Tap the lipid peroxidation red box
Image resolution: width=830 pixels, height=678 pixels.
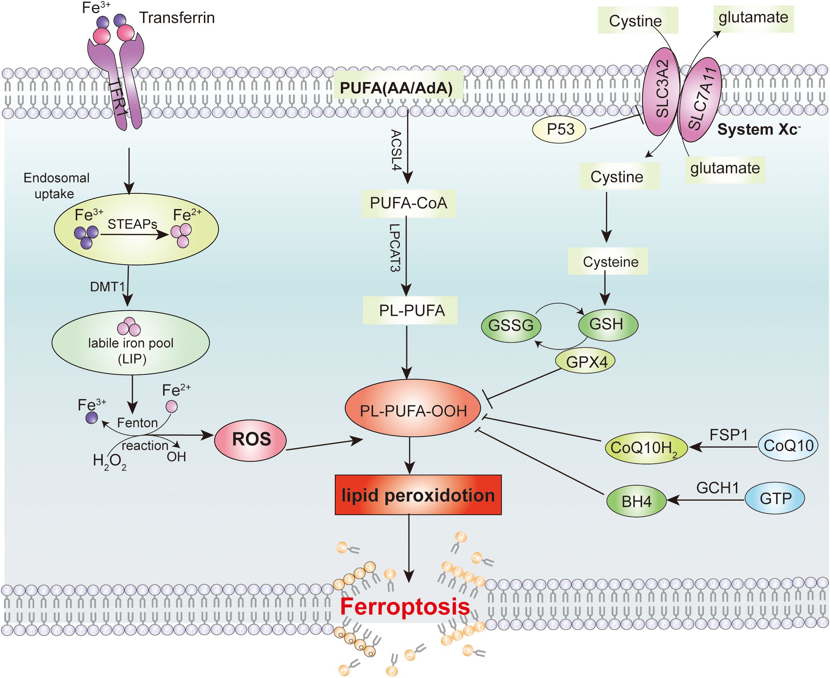tap(418, 495)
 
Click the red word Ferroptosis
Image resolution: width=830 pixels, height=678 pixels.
tap(405, 607)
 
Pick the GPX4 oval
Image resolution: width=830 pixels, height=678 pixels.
tap(585, 361)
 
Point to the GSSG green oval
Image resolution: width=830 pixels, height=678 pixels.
tap(511, 325)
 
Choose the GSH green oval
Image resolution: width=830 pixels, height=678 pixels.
tap(608, 324)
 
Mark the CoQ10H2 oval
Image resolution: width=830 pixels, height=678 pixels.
tap(646, 448)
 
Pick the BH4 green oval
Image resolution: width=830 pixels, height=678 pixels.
tap(636, 501)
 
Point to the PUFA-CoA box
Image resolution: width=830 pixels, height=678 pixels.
tap(408, 203)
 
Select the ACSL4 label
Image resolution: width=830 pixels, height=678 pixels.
tap(396, 150)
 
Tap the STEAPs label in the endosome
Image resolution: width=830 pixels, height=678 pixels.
tap(132, 224)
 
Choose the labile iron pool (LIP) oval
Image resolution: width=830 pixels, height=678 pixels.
tap(131, 342)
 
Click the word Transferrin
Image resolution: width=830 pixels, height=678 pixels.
tap(177, 18)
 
